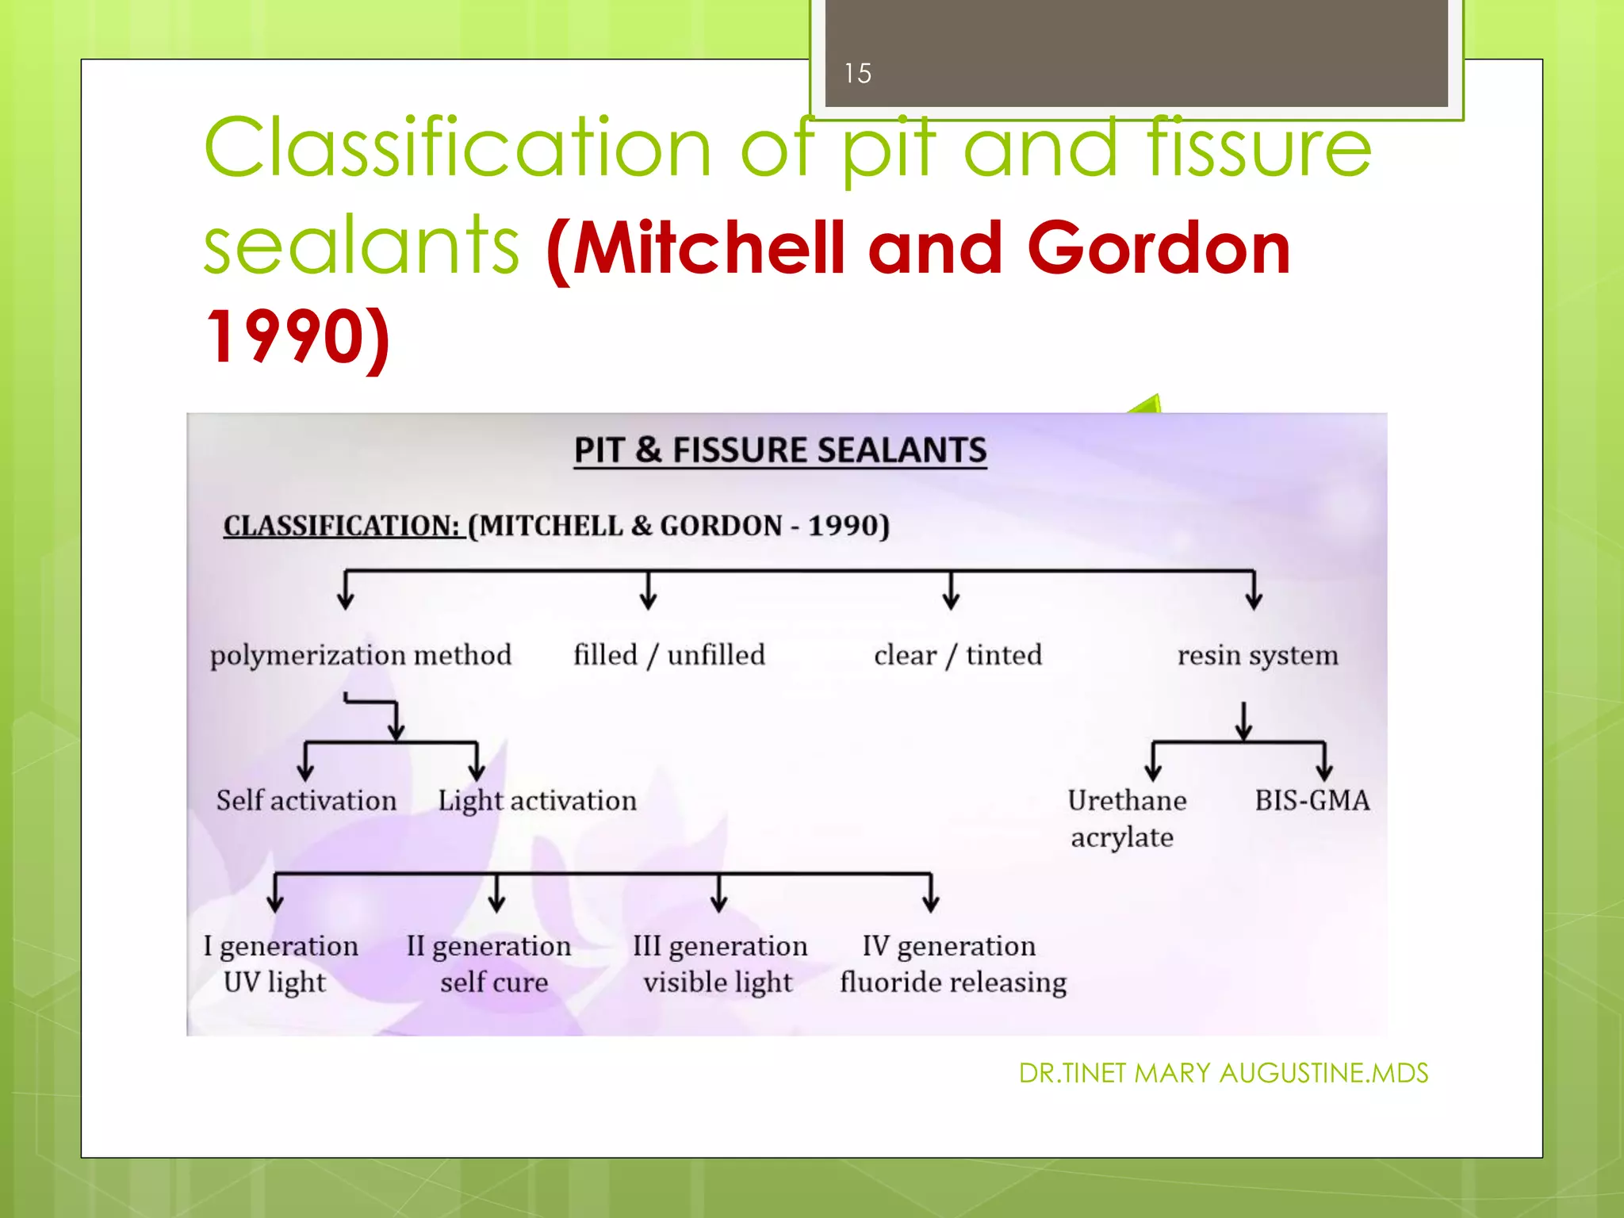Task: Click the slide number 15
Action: (857, 73)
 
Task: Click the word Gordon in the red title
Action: (1159, 248)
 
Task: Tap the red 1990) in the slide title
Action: (297, 337)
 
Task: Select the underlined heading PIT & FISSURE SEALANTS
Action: (780, 450)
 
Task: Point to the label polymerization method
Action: (361, 656)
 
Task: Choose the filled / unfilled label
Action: (669, 656)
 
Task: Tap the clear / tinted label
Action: (958, 656)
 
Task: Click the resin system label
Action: (1258, 656)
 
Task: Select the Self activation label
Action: (306, 801)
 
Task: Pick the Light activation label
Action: (537, 801)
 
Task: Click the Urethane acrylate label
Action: (1126, 818)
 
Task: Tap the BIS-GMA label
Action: (1312, 801)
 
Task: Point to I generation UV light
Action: (281, 964)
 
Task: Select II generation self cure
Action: (489, 964)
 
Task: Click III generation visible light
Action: (720, 964)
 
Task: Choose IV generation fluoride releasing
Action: (953, 964)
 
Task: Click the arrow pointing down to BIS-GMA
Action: (1323, 765)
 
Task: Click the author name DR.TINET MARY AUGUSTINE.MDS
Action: (1223, 1074)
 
